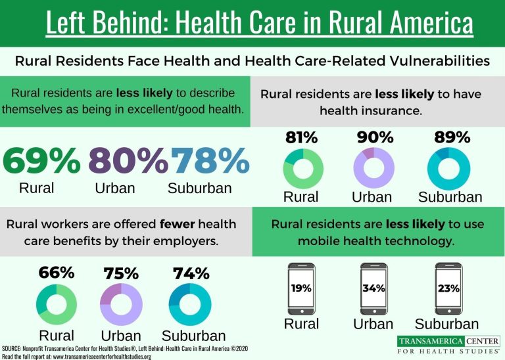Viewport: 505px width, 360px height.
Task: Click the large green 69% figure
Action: tap(42, 160)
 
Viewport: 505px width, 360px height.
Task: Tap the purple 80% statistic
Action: tap(128, 160)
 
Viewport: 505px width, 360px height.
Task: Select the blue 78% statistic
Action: tap(210, 160)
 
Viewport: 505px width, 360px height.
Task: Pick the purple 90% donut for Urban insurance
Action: tap(373, 169)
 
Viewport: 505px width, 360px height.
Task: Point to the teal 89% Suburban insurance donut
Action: tap(448, 169)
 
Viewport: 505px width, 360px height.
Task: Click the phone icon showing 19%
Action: tap(302, 288)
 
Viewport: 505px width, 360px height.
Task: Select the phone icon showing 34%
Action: tap(373, 288)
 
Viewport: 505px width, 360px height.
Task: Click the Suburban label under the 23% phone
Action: tap(447, 324)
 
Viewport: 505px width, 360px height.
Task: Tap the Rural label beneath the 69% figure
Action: tap(37, 188)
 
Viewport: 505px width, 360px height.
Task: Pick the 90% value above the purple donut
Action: tap(375, 138)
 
